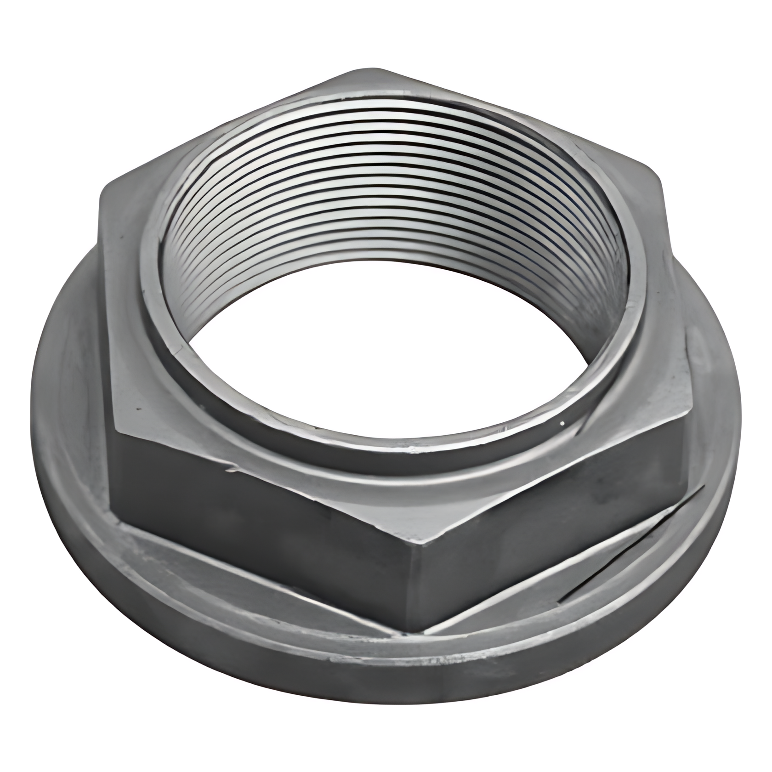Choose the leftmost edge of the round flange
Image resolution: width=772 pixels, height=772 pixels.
pyautogui.click(x=31, y=414)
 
